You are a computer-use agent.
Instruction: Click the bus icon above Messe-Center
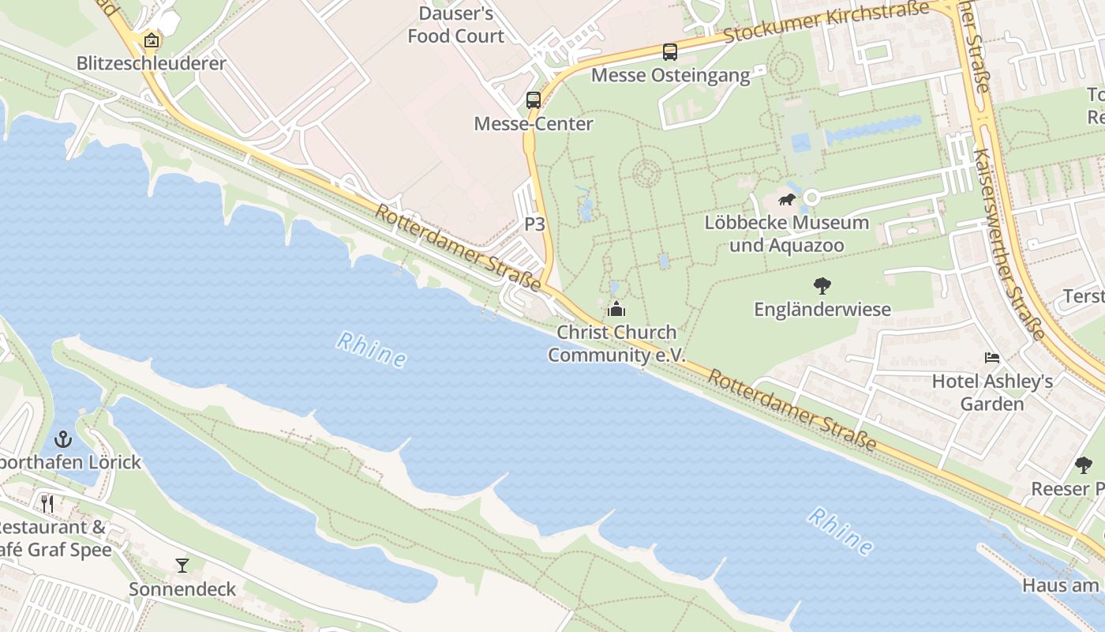[534, 100]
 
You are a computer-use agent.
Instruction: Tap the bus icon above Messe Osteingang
[670, 52]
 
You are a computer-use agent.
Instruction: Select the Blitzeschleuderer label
[152, 63]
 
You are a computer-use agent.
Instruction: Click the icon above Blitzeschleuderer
[151, 40]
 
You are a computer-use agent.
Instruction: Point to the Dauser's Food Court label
[456, 24]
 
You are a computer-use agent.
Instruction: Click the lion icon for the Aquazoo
[787, 199]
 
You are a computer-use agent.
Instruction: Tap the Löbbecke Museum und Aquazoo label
[786, 234]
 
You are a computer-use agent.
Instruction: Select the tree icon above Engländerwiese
[822, 286]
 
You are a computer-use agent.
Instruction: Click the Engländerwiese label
[822, 309]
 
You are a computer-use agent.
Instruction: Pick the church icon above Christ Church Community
[616, 309]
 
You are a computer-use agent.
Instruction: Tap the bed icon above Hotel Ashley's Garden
[992, 359]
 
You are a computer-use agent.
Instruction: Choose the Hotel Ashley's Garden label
[992, 393]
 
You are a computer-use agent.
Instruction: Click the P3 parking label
[535, 224]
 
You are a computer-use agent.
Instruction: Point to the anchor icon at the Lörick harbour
[63, 439]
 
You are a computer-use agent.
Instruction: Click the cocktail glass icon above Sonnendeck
[182, 566]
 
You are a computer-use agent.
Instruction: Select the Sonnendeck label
[182, 589]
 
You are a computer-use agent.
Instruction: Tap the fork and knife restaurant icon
[48, 504]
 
